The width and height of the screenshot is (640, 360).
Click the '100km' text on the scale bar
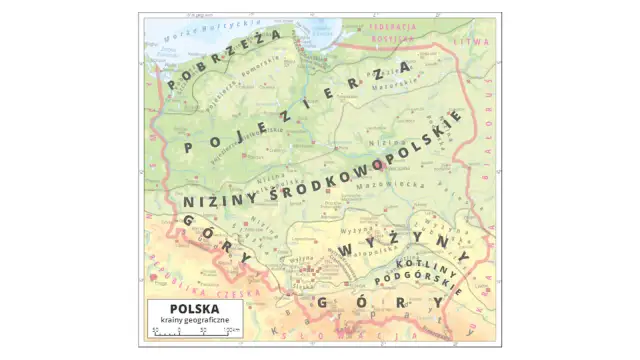point(229,331)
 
